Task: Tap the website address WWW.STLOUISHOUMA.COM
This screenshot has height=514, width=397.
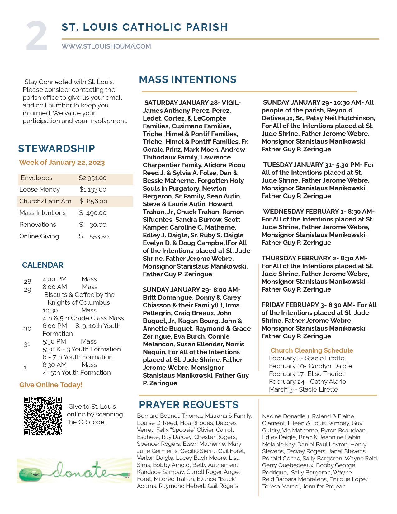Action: [x=106, y=46]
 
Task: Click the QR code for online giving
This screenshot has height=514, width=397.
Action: [x=43, y=416]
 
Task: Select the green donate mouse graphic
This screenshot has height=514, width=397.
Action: [x=74, y=471]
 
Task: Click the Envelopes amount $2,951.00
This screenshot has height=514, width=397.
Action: [x=92, y=178]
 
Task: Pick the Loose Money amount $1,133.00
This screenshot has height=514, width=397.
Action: [x=93, y=190]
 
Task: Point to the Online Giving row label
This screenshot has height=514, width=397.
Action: [x=39, y=236]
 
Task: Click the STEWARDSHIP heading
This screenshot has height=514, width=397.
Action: [x=56, y=149]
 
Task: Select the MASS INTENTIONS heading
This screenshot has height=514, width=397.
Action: [x=187, y=79]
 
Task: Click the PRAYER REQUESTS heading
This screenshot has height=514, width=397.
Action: [x=189, y=405]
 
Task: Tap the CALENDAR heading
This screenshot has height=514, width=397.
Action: [x=43, y=265]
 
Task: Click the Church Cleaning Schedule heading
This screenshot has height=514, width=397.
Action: [x=312, y=350]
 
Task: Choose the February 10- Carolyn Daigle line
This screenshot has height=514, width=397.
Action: [x=310, y=366]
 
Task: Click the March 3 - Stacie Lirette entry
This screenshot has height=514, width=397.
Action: [x=303, y=389]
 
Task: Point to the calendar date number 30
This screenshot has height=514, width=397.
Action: [x=27, y=329]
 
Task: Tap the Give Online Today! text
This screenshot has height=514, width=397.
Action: [x=51, y=385]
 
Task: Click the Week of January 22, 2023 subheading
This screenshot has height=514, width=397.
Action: [x=62, y=163]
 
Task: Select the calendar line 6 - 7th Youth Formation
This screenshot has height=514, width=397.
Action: [x=78, y=357]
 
